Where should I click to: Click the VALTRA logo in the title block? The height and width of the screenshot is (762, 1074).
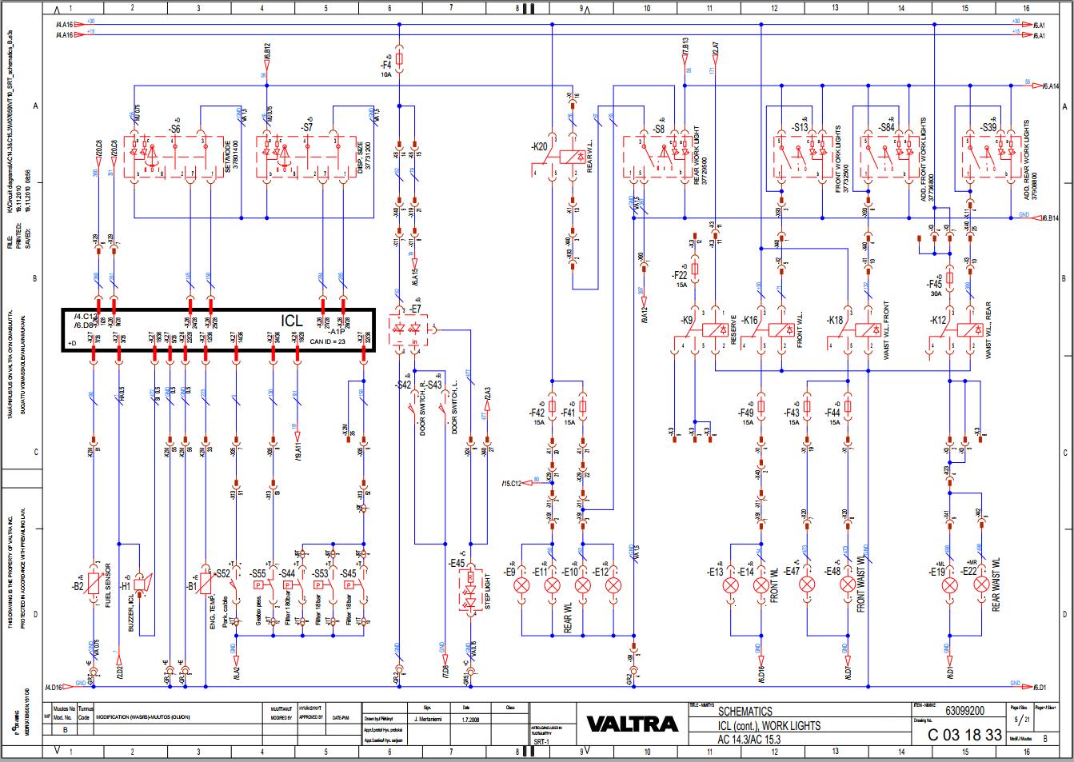point(632,724)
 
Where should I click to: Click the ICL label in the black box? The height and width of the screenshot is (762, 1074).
point(292,321)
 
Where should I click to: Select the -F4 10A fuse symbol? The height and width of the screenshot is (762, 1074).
point(399,61)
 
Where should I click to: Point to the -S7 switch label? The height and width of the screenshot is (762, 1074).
point(306,128)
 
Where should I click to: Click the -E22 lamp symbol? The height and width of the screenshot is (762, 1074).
point(981,585)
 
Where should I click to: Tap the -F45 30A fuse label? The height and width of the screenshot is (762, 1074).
point(934,284)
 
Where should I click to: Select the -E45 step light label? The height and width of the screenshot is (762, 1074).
point(457,563)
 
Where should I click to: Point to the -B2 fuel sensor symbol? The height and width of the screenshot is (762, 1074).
point(94,583)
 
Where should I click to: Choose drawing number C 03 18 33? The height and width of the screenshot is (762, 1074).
point(964,735)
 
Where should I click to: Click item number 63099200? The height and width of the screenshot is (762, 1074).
point(964,710)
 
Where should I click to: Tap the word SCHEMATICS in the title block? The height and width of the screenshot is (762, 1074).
point(745,711)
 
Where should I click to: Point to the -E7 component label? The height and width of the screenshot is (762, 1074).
point(414,308)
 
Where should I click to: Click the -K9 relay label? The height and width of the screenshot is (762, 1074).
point(687,320)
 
